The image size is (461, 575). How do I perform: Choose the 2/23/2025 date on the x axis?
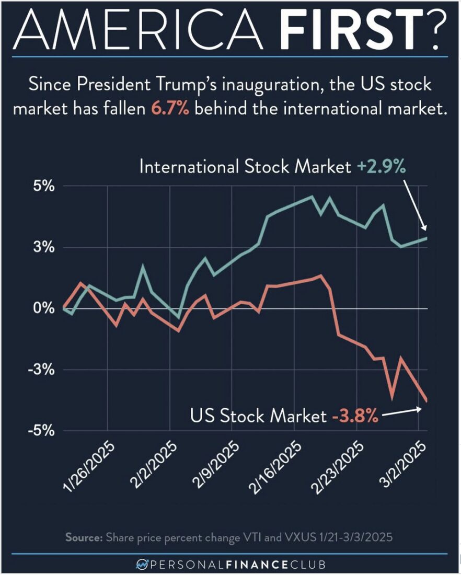tap(340, 464)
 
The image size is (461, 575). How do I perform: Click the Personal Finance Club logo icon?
tap(143, 564)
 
